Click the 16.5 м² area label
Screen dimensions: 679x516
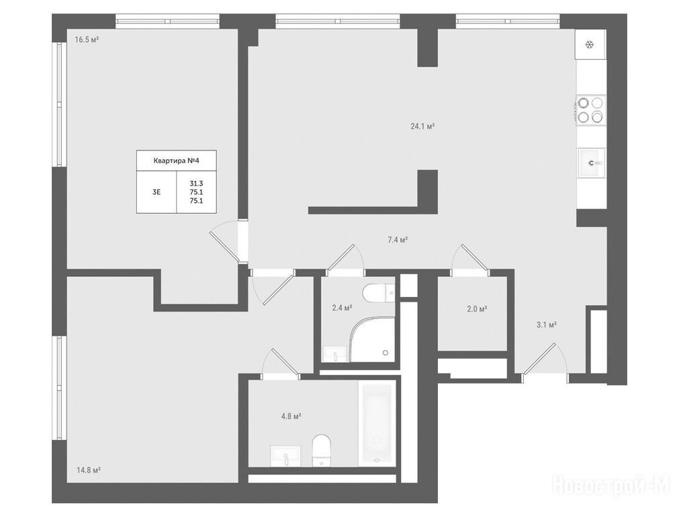click(x=87, y=40)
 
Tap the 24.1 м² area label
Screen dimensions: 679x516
click(x=422, y=126)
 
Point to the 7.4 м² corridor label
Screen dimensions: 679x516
click(x=398, y=240)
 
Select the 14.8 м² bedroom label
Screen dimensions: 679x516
click(x=89, y=470)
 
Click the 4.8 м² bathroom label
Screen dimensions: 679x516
click(x=291, y=417)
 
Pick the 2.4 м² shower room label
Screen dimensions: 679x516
click(x=342, y=308)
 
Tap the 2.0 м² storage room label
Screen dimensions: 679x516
click(x=478, y=309)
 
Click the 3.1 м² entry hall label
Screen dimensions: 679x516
click(x=547, y=325)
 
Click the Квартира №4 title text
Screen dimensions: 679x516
click(x=176, y=161)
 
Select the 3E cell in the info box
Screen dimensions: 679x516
click(x=156, y=192)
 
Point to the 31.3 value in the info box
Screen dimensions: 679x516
click(x=196, y=183)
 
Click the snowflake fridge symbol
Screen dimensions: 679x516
click(x=590, y=44)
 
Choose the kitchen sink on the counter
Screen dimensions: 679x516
click(x=592, y=163)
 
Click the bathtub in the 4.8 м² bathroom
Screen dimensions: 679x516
click(x=377, y=424)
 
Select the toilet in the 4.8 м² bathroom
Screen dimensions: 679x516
click(x=321, y=451)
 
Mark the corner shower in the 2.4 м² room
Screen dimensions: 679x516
click(x=373, y=339)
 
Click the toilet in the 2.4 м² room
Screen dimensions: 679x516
click(x=379, y=294)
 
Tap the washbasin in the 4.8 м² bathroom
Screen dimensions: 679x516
click(x=286, y=456)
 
